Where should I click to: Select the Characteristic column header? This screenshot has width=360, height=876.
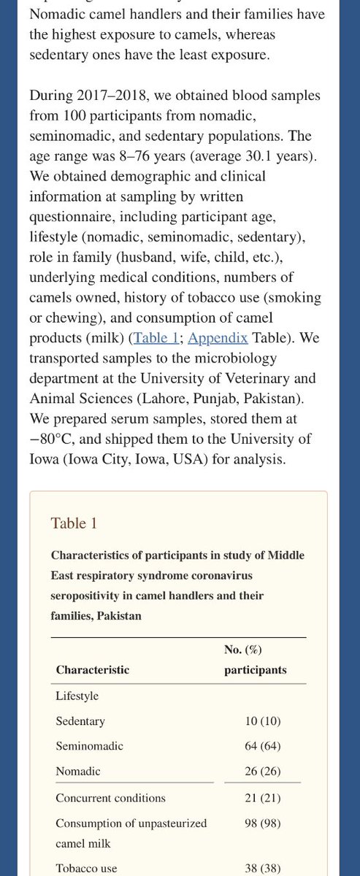coord(93,669)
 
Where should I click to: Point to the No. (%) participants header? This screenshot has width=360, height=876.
coord(255,660)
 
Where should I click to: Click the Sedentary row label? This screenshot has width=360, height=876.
coord(80,721)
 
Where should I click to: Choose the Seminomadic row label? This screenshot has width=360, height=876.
coord(89,745)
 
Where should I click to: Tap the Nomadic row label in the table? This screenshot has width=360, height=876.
coord(78,770)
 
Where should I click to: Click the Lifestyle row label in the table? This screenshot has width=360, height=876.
coord(77,696)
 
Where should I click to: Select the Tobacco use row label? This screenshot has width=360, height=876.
coord(86,869)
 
